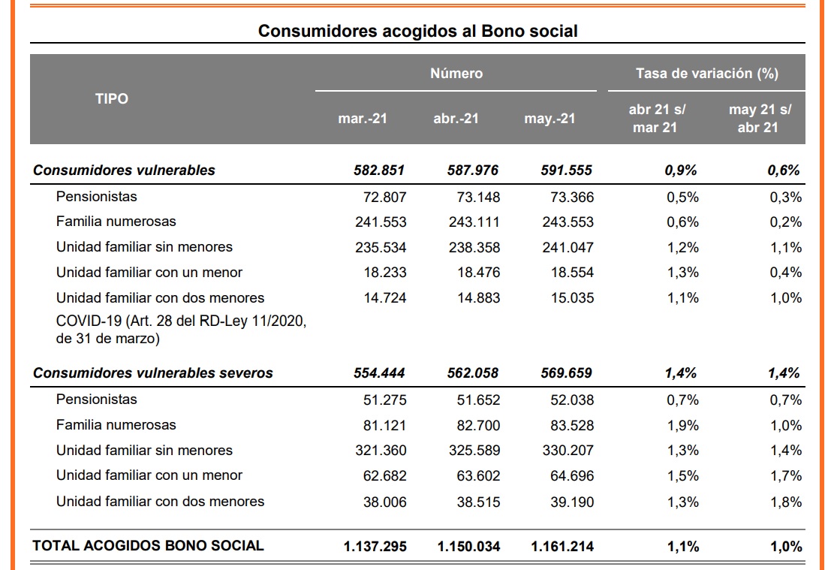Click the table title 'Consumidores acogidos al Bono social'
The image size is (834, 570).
(x=417, y=31)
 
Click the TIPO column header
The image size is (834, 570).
(x=112, y=98)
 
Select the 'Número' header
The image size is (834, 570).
(x=456, y=73)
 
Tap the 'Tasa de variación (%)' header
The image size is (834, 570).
(x=707, y=73)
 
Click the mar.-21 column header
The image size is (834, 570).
(x=363, y=118)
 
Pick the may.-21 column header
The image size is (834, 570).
(x=549, y=118)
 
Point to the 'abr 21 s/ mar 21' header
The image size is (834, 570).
(x=656, y=118)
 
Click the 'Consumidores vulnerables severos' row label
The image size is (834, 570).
(x=152, y=372)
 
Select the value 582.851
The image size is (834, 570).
(x=378, y=170)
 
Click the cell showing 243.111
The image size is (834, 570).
(x=474, y=222)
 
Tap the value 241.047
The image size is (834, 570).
(x=568, y=248)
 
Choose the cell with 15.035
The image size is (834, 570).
(x=572, y=298)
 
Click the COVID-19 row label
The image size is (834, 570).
(x=181, y=330)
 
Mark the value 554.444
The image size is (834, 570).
(x=378, y=373)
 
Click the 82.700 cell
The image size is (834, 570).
(x=478, y=426)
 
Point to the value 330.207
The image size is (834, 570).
(x=568, y=451)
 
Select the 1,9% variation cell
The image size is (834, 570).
(x=682, y=426)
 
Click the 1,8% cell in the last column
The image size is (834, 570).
(x=786, y=502)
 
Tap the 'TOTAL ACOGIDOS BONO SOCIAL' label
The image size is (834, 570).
(x=148, y=545)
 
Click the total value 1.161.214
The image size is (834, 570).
(x=562, y=547)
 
